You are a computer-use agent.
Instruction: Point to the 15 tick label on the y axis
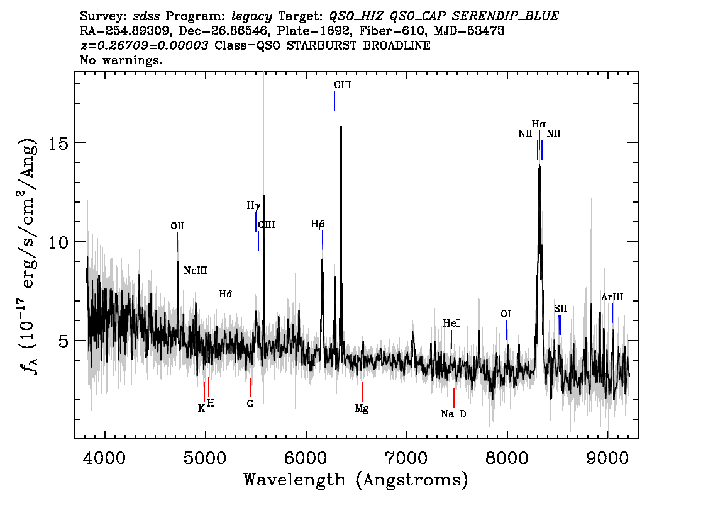point(58,143)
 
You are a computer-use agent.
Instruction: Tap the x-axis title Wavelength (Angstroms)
point(356,480)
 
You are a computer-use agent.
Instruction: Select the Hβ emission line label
point(318,224)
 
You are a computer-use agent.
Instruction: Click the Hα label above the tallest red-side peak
point(539,124)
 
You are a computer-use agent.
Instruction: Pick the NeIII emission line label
point(196,271)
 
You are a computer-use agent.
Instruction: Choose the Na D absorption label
point(453,414)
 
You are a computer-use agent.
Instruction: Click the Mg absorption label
point(362,409)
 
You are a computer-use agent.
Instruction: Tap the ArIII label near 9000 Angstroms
point(612,297)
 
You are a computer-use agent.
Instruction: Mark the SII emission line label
point(561,309)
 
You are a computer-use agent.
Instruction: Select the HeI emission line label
point(451,323)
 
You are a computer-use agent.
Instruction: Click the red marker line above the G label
point(250,387)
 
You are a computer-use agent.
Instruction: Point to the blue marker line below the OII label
point(177,242)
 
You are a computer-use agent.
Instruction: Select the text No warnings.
point(121,60)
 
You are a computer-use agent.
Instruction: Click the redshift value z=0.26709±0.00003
point(144,45)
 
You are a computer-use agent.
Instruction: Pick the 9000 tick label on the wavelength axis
point(607,457)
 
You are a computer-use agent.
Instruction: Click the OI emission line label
point(506,314)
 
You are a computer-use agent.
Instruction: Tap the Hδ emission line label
point(226,294)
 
